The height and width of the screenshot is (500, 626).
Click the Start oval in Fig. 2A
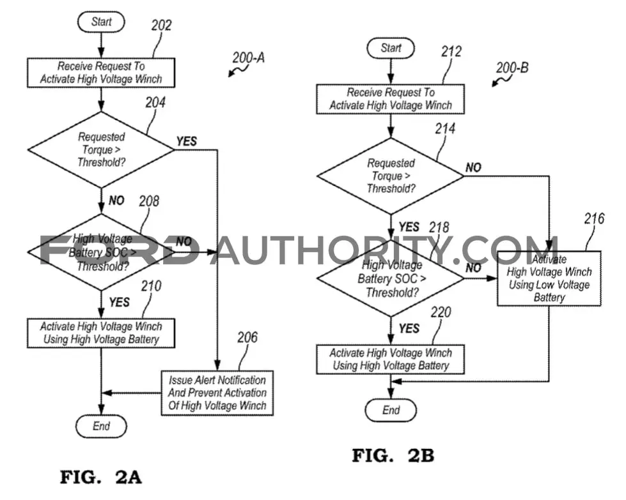101,22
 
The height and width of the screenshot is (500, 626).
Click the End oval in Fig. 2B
391,411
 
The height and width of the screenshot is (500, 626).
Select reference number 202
161,26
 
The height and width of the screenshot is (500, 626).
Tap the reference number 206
247,338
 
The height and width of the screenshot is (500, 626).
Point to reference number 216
594,219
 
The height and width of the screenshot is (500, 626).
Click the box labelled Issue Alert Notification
217,393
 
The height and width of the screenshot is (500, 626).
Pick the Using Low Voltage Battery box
549,278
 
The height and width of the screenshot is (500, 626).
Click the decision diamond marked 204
101,150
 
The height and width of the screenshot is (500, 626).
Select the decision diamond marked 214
391,176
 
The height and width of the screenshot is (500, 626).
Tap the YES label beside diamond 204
187,141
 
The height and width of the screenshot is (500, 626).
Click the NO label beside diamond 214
473,167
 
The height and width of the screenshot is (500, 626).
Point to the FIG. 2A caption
101,477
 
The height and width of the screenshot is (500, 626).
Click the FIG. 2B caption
393,455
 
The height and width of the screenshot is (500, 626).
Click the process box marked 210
101,333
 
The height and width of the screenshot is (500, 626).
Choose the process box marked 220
391,360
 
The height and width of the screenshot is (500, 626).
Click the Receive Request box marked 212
391,99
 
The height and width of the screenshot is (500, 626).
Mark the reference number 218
439,228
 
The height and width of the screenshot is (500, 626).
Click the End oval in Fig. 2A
101,426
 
